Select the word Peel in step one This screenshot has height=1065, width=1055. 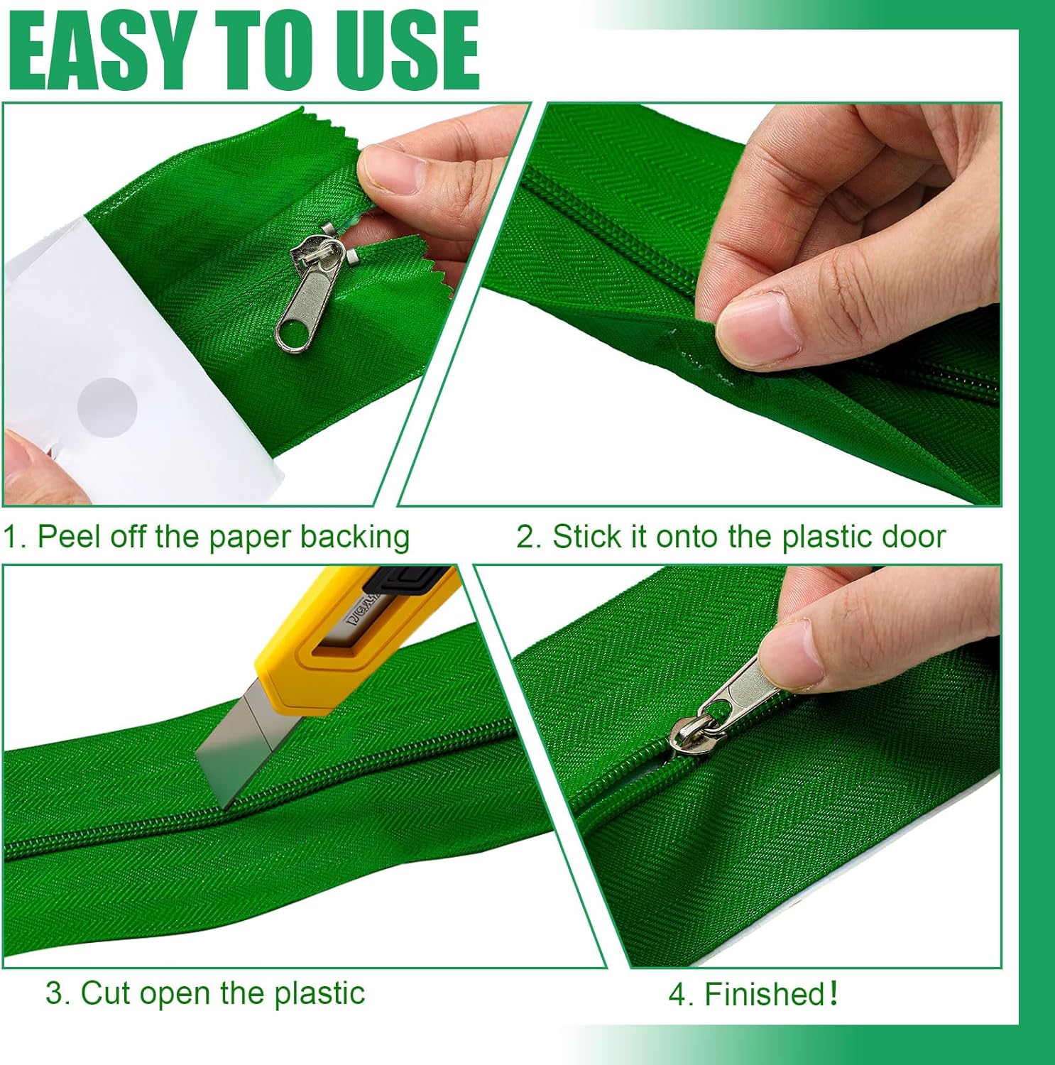coord(67,537)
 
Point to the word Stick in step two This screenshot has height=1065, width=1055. coord(588,537)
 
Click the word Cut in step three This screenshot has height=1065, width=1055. coord(104,993)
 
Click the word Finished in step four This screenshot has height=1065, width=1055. coord(764,994)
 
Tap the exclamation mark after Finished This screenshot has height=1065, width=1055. coord(833,993)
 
